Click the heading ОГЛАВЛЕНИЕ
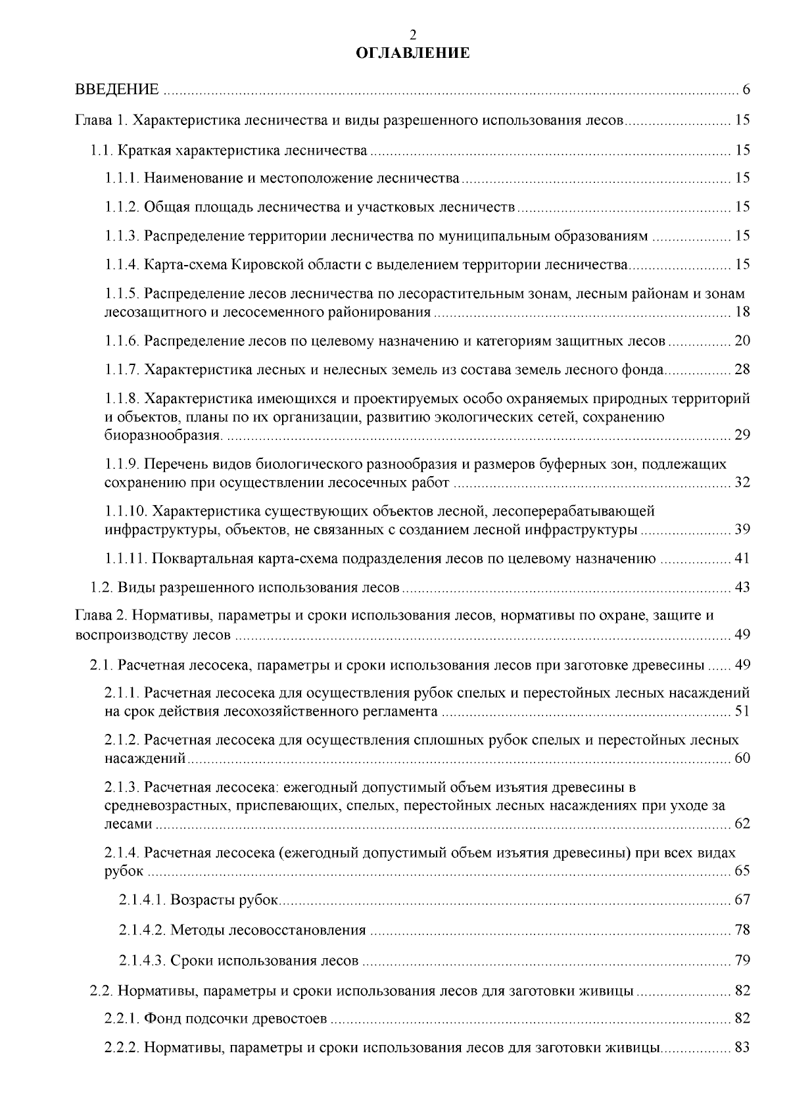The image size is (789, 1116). (x=412, y=53)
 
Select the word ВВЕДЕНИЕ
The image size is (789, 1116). (x=117, y=89)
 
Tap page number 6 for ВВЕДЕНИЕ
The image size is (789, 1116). (x=746, y=89)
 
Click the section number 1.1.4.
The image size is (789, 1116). (x=122, y=265)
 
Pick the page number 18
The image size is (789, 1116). (x=742, y=312)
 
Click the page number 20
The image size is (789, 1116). (x=742, y=341)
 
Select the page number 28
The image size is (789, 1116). (x=742, y=370)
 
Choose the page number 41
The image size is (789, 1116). (x=742, y=559)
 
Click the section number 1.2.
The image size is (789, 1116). (x=102, y=587)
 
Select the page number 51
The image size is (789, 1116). (x=742, y=711)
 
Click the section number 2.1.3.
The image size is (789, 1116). (x=122, y=787)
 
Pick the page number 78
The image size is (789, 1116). (x=742, y=930)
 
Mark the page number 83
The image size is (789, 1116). (x=742, y=1048)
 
